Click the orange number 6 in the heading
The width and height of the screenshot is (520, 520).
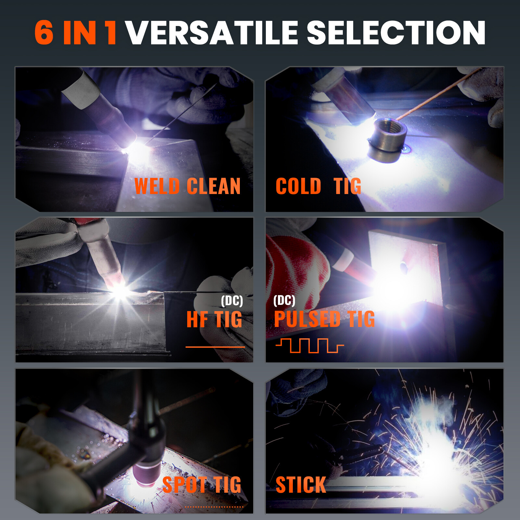click(x=44, y=32)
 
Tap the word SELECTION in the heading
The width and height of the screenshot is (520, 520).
click(x=396, y=32)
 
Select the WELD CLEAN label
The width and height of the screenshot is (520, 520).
click(x=188, y=186)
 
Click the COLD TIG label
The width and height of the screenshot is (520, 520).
click(x=318, y=186)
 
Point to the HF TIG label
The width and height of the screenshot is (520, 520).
click(x=214, y=319)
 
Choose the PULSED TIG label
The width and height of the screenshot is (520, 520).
click(x=324, y=319)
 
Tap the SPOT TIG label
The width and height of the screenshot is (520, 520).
click(x=202, y=485)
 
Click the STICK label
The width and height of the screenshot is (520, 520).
click(x=301, y=485)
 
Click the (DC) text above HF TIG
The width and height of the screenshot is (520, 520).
click(x=232, y=301)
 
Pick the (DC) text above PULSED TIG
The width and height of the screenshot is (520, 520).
click(x=284, y=300)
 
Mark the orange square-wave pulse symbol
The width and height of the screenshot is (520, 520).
click(x=309, y=345)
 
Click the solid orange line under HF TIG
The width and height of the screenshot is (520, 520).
click(x=215, y=347)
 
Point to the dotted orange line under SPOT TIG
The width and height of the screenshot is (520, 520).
click(x=214, y=507)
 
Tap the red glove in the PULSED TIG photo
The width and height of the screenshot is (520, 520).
click(x=294, y=273)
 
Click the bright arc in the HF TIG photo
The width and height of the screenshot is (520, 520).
click(x=120, y=290)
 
